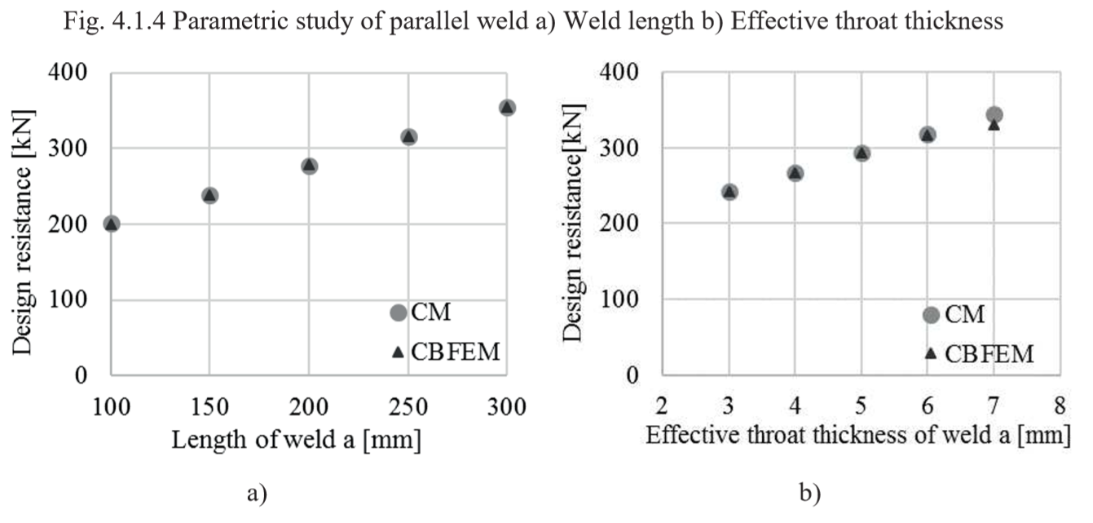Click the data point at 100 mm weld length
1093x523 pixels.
pos(112,224)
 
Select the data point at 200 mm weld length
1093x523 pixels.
pos(309,166)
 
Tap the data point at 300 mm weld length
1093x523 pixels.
pos(507,108)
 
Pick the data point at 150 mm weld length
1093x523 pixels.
pos(210,195)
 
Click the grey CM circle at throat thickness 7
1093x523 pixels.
pos(994,115)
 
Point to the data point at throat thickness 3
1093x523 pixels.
pos(729,192)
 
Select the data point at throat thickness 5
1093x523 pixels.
pos(862,153)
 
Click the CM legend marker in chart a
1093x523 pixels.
pos(398,313)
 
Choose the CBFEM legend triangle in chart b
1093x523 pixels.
pos(931,353)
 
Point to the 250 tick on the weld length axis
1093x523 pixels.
pos(408,406)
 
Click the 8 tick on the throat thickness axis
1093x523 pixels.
pos(1060,406)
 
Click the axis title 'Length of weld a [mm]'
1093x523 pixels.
pos(297,441)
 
